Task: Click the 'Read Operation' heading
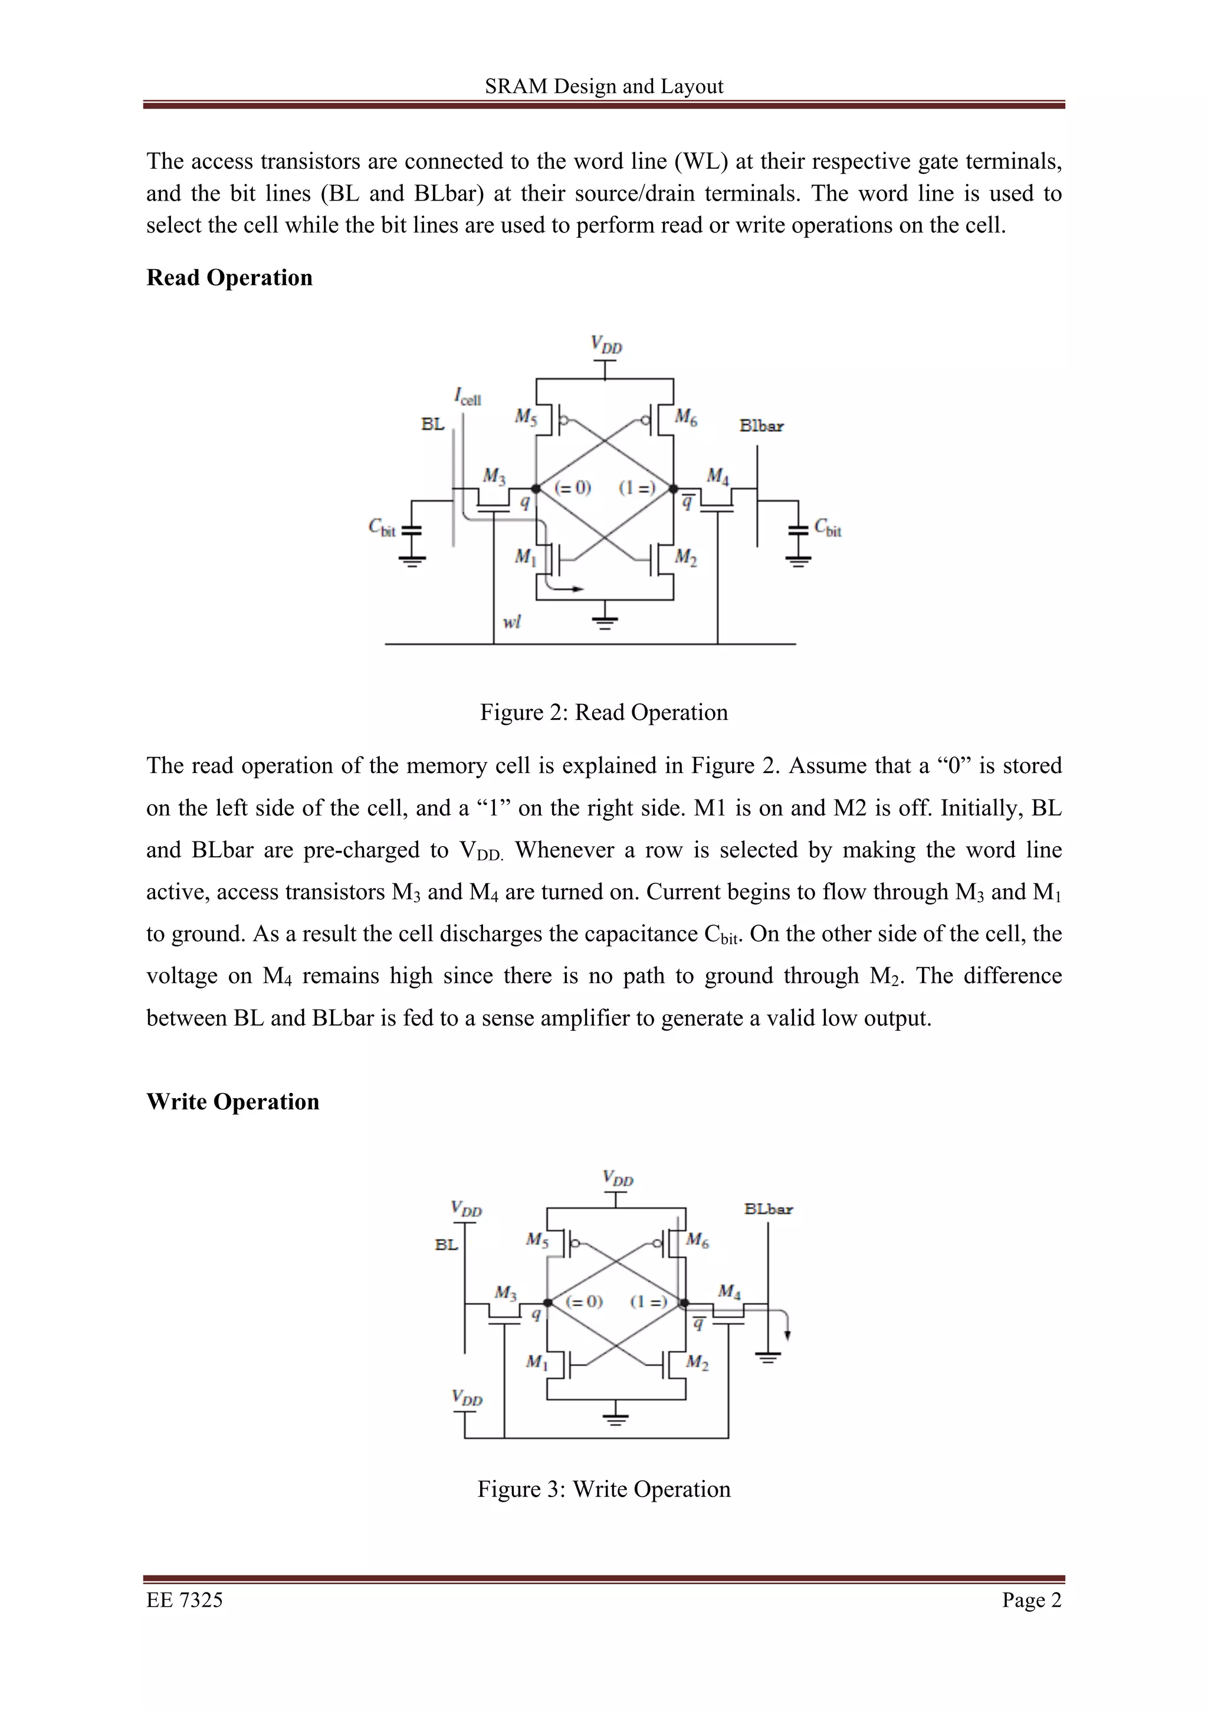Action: point(229,278)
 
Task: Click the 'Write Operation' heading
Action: point(232,1102)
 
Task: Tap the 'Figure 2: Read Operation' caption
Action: point(603,712)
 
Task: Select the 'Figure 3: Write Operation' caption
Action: point(603,1489)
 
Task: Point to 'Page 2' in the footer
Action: point(1032,1600)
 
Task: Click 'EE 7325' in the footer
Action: point(185,1600)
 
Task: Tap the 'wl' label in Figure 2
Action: point(511,622)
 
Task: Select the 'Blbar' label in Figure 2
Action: point(761,426)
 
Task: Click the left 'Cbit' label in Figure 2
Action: point(383,528)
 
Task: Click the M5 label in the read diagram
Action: point(526,417)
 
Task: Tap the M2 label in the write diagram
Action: point(697,1363)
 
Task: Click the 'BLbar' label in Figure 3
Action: point(768,1209)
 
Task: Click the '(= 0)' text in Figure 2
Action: point(572,488)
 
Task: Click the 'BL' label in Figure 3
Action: point(447,1244)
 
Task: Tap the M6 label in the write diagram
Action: point(697,1240)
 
